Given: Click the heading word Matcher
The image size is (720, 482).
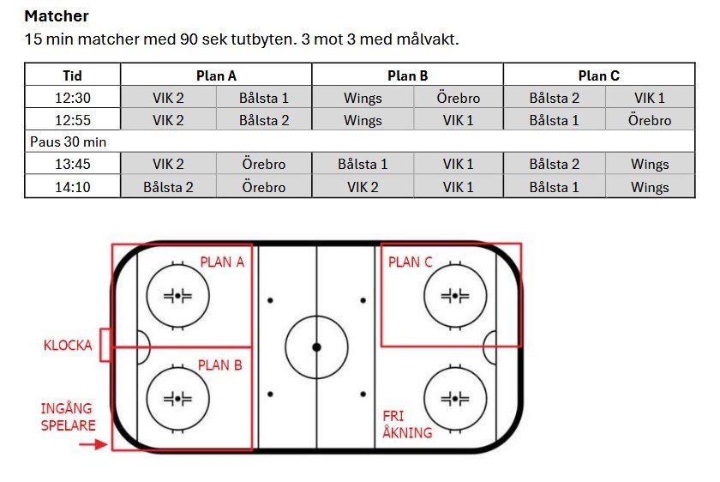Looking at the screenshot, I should pyautogui.click(x=57, y=16).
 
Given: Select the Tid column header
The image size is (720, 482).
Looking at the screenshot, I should pyautogui.click(x=73, y=75).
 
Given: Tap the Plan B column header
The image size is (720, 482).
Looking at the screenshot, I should pyautogui.click(x=407, y=75).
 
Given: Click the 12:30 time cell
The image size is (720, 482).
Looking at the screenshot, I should pyautogui.click(x=73, y=98).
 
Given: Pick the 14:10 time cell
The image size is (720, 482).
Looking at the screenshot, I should pyautogui.click(x=73, y=186).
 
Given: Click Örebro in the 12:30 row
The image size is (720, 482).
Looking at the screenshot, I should pyautogui.click(x=458, y=98).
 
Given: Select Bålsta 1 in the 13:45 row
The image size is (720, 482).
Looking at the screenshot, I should pyautogui.click(x=363, y=164).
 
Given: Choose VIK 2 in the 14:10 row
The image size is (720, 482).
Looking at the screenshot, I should pyautogui.click(x=363, y=186).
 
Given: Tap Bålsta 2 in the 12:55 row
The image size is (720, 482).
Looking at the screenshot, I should pyautogui.click(x=263, y=120).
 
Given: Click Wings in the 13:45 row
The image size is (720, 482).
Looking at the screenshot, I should pyautogui.click(x=650, y=164).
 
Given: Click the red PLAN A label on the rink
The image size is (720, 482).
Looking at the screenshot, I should pyautogui.click(x=222, y=262).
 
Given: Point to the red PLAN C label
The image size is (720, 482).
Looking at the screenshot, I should pyautogui.click(x=411, y=262).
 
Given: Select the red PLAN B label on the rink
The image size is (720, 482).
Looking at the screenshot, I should pyautogui.click(x=220, y=365).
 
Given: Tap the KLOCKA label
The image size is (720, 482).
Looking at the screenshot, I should pyautogui.click(x=68, y=346).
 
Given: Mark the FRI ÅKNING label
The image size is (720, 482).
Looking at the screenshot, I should pyautogui.click(x=407, y=424).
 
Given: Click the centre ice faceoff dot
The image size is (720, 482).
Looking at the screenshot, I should pyautogui.click(x=316, y=346).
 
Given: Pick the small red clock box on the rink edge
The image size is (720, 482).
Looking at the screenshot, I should pyautogui.click(x=105, y=346).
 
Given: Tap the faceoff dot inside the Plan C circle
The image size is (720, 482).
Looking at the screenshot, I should pyautogui.click(x=455, y=295).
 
